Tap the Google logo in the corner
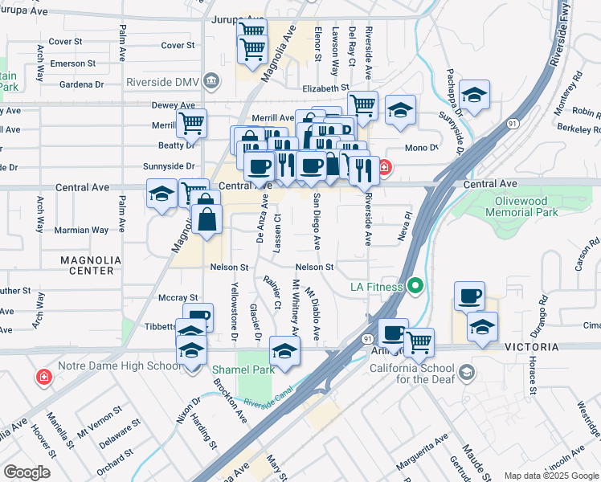coord(27,472)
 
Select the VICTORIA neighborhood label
coord(531,346)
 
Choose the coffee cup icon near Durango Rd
coord(468,296)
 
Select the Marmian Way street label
coord(81,230)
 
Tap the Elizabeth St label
coord(325,88)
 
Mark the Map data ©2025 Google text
coord(550,476)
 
